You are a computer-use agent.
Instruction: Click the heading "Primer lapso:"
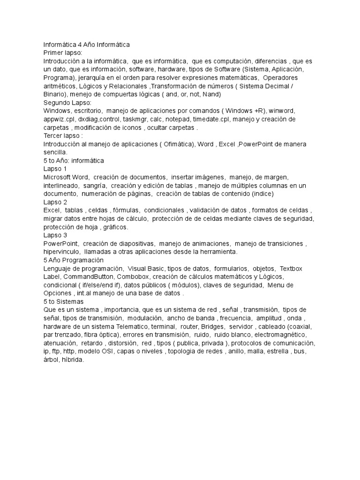[x=62, y=53]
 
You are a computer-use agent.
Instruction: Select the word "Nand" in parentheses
[x=211, y=94]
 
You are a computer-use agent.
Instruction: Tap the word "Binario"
[x=55, y=94]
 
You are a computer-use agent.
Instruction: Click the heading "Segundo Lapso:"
[x=67, y=103]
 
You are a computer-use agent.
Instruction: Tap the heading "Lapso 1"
[x=55, y=169]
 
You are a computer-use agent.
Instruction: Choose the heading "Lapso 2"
[x=55, y=202]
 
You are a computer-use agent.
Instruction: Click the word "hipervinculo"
[x=60, y=252]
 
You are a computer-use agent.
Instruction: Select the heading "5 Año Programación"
[x=74, y=260]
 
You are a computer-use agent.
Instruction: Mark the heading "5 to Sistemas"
[x=63, y=301]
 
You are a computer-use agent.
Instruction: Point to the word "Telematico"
[x=136, y=326]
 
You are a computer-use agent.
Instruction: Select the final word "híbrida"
[x=72, y=360]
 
